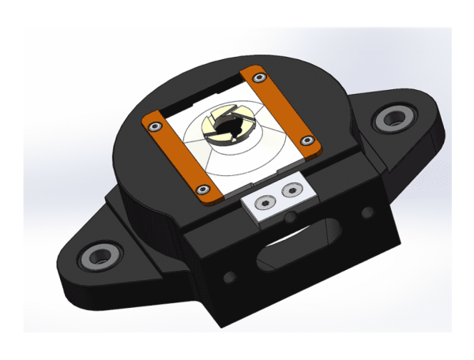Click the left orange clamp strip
pyautogui.click(x=176, y=155)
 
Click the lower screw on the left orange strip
pyautogui.click(x=204, y=189)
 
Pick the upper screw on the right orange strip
pyautogui.click(x=257, y=77)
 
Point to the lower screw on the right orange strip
pyautogui.click(x=307, y=141)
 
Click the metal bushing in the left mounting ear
pyautogui.click(x=101, y=256)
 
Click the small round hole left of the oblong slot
pyautogui.click(x=231, y=277)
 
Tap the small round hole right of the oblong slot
pyautogui.click(x=366, y=213)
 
